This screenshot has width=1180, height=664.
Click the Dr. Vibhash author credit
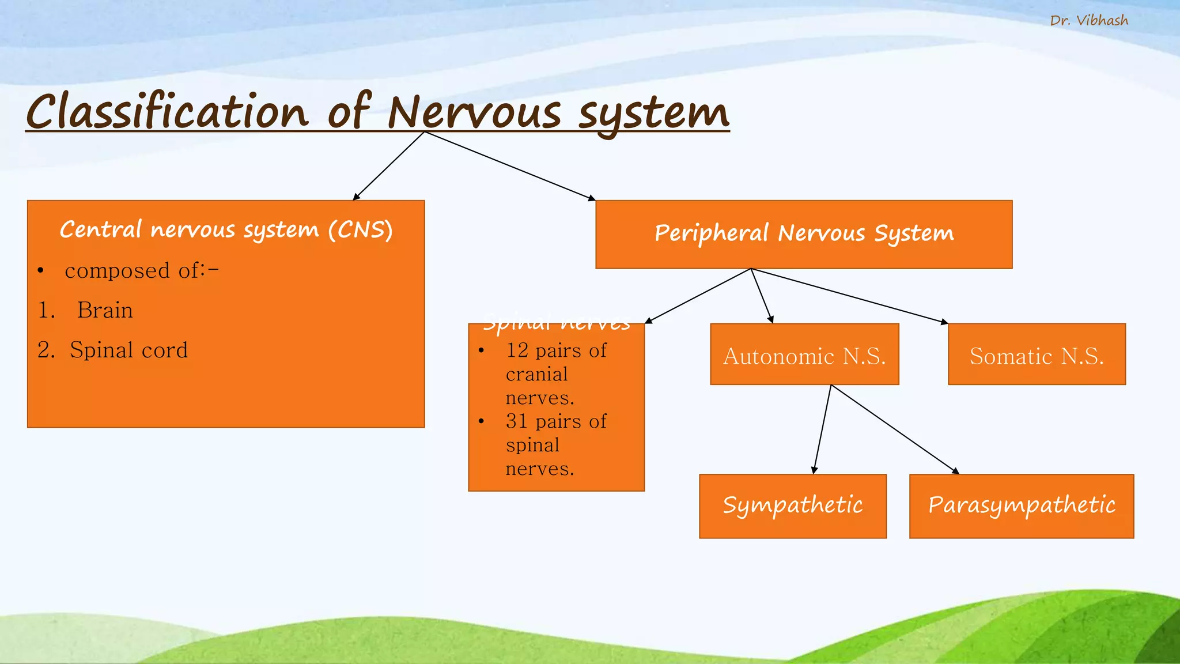[1088, 21]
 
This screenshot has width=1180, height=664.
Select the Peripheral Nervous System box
[804, 234]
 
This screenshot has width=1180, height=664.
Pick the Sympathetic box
[792, 505]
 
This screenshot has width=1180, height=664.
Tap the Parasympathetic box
[1021, 505]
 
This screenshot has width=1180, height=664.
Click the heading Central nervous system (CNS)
[226, 229]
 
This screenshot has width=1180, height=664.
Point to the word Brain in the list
[105, 311]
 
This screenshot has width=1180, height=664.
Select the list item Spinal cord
[128, 350]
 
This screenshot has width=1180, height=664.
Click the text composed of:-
[141, 271]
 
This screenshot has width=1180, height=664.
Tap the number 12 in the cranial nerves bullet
[517, 350]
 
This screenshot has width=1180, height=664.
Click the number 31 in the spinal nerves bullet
[517, 421]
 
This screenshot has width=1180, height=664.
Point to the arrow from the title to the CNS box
[389, 166]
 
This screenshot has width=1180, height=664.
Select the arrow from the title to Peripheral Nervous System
[510, 166]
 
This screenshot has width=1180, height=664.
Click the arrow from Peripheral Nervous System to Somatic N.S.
[850, 296]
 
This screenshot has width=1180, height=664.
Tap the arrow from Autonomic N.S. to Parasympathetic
[895, 429]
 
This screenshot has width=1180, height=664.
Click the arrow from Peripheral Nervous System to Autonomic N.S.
[762, 296]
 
